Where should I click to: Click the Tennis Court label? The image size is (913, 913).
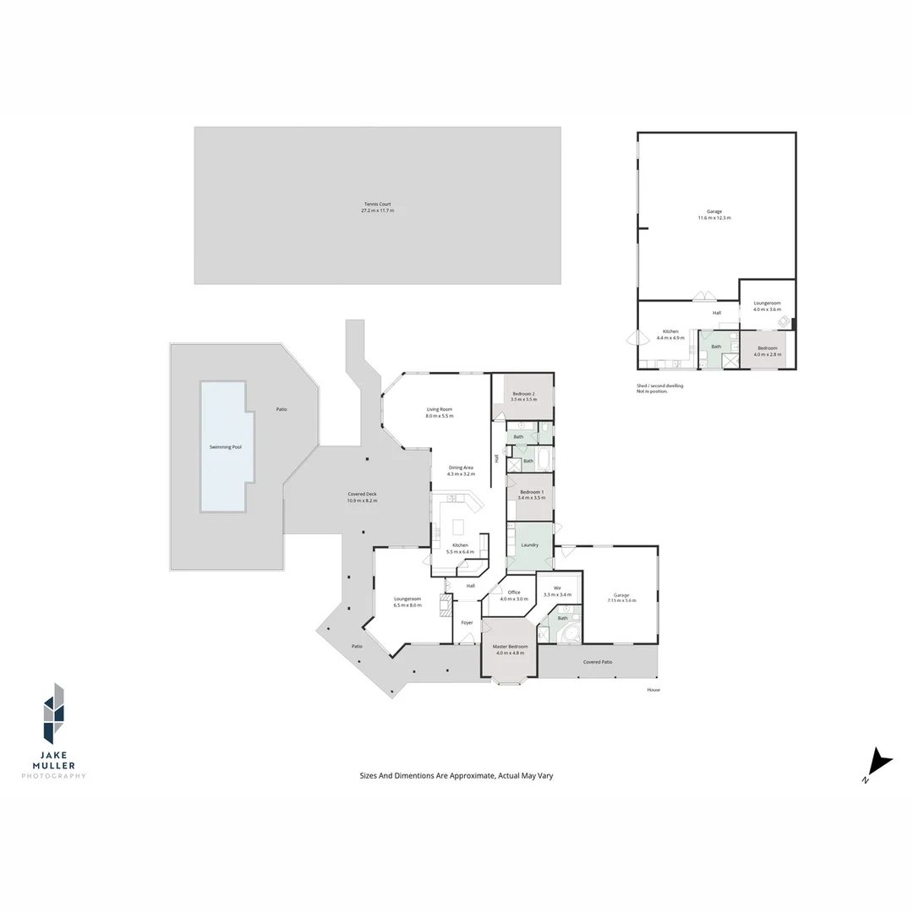[377, 206]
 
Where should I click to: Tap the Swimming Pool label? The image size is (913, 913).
[225, 446]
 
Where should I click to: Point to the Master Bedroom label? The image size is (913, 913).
[510, 649]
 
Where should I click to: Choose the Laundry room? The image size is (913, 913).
[530, 545]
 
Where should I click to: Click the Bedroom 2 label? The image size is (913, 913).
[523, 396]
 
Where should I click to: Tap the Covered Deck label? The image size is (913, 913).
[362, 497]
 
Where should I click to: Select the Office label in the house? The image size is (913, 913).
[514, 595]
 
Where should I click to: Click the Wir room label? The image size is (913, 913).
[558, 591]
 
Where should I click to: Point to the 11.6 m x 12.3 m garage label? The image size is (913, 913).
[714, 215]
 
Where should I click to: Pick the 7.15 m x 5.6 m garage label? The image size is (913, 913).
[621, 598]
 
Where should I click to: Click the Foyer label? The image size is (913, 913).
[467, 623]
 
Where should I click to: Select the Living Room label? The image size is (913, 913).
[440, 413]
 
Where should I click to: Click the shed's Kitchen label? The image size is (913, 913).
[670, 334]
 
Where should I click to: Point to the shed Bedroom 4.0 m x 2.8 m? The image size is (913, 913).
[767, 351]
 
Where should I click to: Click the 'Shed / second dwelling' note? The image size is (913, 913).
[660, 388]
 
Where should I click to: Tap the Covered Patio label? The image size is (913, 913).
[598, 662]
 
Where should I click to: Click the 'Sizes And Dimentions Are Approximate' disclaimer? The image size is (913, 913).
[456, 775]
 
